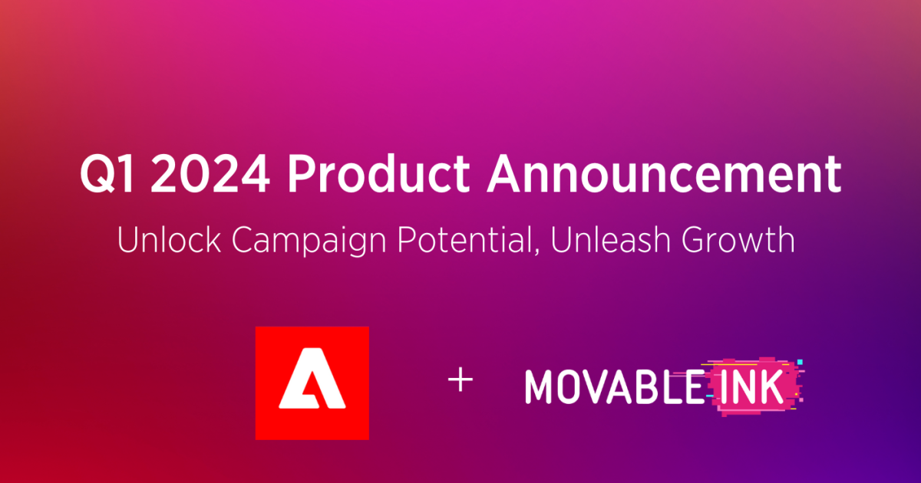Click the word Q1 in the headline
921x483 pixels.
coord(106,176)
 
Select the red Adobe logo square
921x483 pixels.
coord(312,383)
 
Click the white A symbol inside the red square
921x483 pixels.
coord(312,384)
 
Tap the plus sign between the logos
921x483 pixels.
coord(460,381)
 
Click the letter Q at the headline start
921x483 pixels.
coord(94,176)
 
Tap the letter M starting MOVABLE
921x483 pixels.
coord(539,387)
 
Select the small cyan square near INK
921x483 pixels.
coord(800,361)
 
